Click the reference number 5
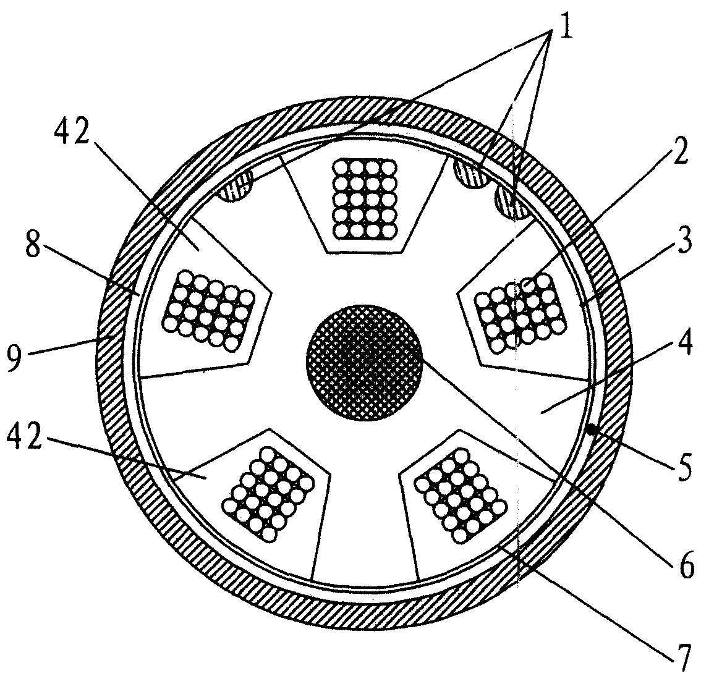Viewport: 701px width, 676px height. click(x=682, y=466)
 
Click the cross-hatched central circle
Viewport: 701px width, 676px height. click(x=363, y=362)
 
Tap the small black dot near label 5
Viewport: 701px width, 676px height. click(x=592, y=429)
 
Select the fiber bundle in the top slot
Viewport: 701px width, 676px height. click(x=365, y=199)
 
